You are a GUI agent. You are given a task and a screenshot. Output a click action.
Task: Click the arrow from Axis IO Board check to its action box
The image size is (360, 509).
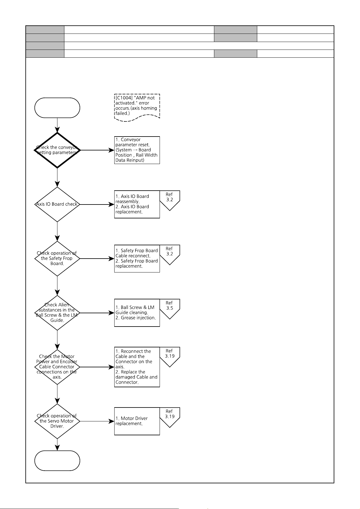point(97,205)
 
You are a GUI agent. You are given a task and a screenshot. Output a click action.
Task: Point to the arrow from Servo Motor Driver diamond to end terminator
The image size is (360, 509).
point(57,445)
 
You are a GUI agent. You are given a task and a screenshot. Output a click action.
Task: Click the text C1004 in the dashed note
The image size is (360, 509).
point(124,98)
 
